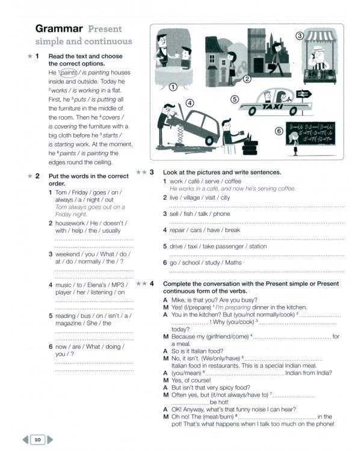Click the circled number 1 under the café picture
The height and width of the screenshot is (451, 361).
coord(173,87)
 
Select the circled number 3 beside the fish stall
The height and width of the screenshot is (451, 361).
coord(299,36)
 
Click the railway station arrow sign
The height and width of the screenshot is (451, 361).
coord(303,93)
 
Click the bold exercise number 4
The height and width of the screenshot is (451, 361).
coord(152,283)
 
